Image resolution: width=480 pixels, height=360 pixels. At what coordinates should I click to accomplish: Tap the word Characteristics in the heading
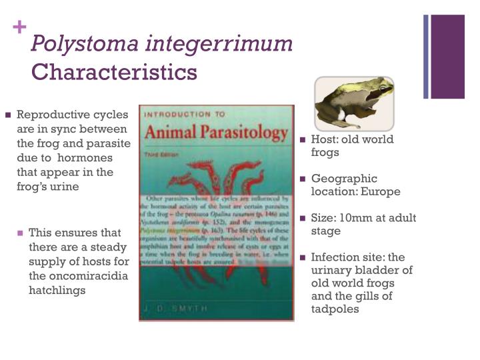115,71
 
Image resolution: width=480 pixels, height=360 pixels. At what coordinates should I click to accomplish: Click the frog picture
354,103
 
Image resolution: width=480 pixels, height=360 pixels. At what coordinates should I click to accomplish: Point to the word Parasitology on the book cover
237,133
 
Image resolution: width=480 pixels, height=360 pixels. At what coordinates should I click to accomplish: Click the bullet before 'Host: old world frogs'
303,140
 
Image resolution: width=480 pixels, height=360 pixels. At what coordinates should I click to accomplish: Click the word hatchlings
57,290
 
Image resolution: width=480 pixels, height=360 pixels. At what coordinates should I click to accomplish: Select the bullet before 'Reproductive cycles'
8,115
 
